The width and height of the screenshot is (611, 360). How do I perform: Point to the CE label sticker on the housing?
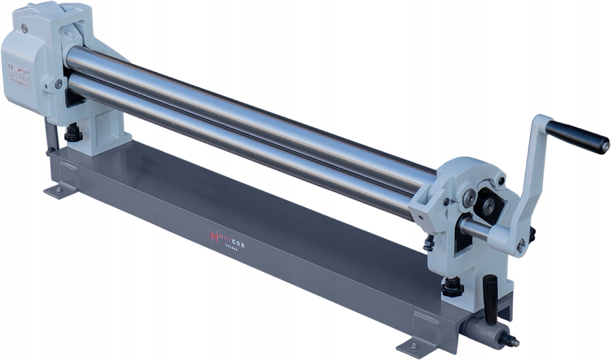point(19,77)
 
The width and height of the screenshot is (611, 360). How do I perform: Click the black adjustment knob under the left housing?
point(73,132)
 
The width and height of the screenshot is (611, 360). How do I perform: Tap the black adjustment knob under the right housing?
point(452,287)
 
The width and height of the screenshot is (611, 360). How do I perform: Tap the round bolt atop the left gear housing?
point(24,28)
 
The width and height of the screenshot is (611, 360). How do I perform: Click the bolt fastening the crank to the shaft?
point(521,246)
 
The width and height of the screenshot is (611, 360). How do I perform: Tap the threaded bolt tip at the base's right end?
point(511,341)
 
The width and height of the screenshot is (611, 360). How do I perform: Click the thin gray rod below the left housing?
point(50,134)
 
